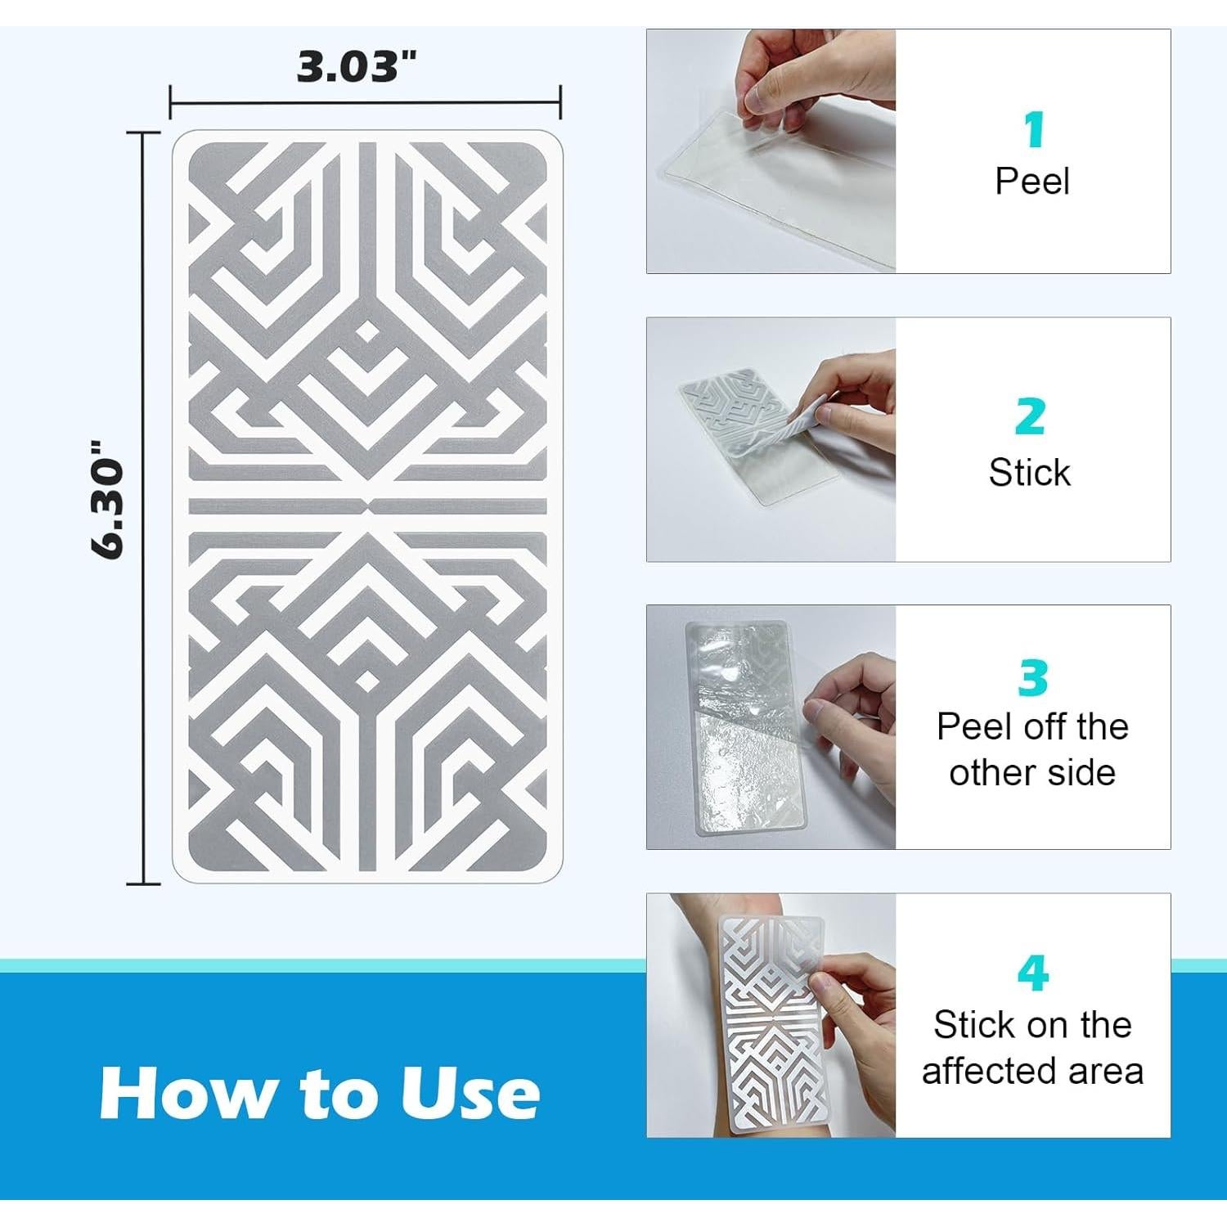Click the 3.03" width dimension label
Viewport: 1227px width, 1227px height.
coord(357,66)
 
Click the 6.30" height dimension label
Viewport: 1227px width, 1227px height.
coord(107,500)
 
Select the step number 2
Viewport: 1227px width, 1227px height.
coord(1031,416)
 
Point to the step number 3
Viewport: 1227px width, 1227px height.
coord(1034,677)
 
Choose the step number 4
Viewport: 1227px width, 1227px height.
coord(1033,973)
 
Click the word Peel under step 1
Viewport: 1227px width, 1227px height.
coord(1031,181)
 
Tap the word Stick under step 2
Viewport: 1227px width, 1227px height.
coord(1030,472)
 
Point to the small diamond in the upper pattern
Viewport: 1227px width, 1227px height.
coord(367,332)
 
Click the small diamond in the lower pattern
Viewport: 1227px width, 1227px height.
coord(367,681)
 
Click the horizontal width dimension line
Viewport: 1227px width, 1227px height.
coord(365,103)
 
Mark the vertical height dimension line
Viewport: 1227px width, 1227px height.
coord(144,508)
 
